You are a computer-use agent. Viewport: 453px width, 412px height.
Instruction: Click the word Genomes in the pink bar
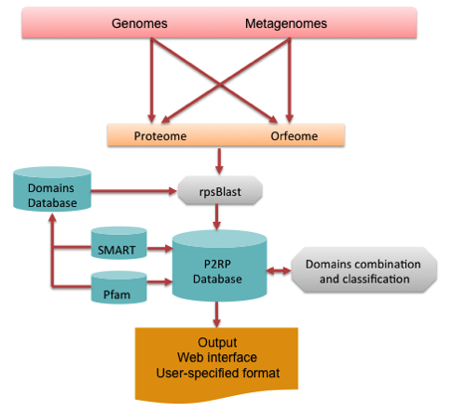(139, 24)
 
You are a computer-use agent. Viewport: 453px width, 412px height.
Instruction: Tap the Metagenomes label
(286, 24)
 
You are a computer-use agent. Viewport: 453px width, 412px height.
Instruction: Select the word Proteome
(160, 136)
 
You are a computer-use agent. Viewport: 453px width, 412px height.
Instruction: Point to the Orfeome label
(294, 136)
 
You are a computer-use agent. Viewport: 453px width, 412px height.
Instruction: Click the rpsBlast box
(220, 191)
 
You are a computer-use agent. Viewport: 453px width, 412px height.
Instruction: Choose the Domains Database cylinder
(52, 189)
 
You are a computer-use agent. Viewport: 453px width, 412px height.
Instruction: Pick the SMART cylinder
(118, 243)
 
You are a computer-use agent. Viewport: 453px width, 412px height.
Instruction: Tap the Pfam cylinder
(118, 288)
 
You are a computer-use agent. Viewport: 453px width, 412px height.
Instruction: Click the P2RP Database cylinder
(219, 266)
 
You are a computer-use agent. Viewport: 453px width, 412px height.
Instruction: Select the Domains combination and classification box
(364, 270)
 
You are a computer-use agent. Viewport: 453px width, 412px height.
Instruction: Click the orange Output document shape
(216, 364)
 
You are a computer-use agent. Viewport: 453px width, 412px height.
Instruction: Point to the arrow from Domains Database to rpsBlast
(133, 191)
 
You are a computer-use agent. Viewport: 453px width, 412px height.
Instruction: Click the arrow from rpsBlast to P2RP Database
(217, 217)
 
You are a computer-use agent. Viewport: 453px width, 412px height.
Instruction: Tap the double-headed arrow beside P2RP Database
(279, 271)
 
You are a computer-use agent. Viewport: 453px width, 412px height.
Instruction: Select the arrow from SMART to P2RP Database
(159, 248)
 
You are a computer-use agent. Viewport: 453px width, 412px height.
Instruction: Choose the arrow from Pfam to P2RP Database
(159, 282)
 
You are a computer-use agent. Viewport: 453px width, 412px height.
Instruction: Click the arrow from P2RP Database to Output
(217, 314)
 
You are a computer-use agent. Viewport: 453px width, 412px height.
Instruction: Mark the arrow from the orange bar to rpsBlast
(219, 161)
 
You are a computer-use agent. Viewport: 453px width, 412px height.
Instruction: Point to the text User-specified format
(218, 373)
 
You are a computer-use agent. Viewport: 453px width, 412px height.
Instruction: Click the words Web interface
(217, 357)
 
